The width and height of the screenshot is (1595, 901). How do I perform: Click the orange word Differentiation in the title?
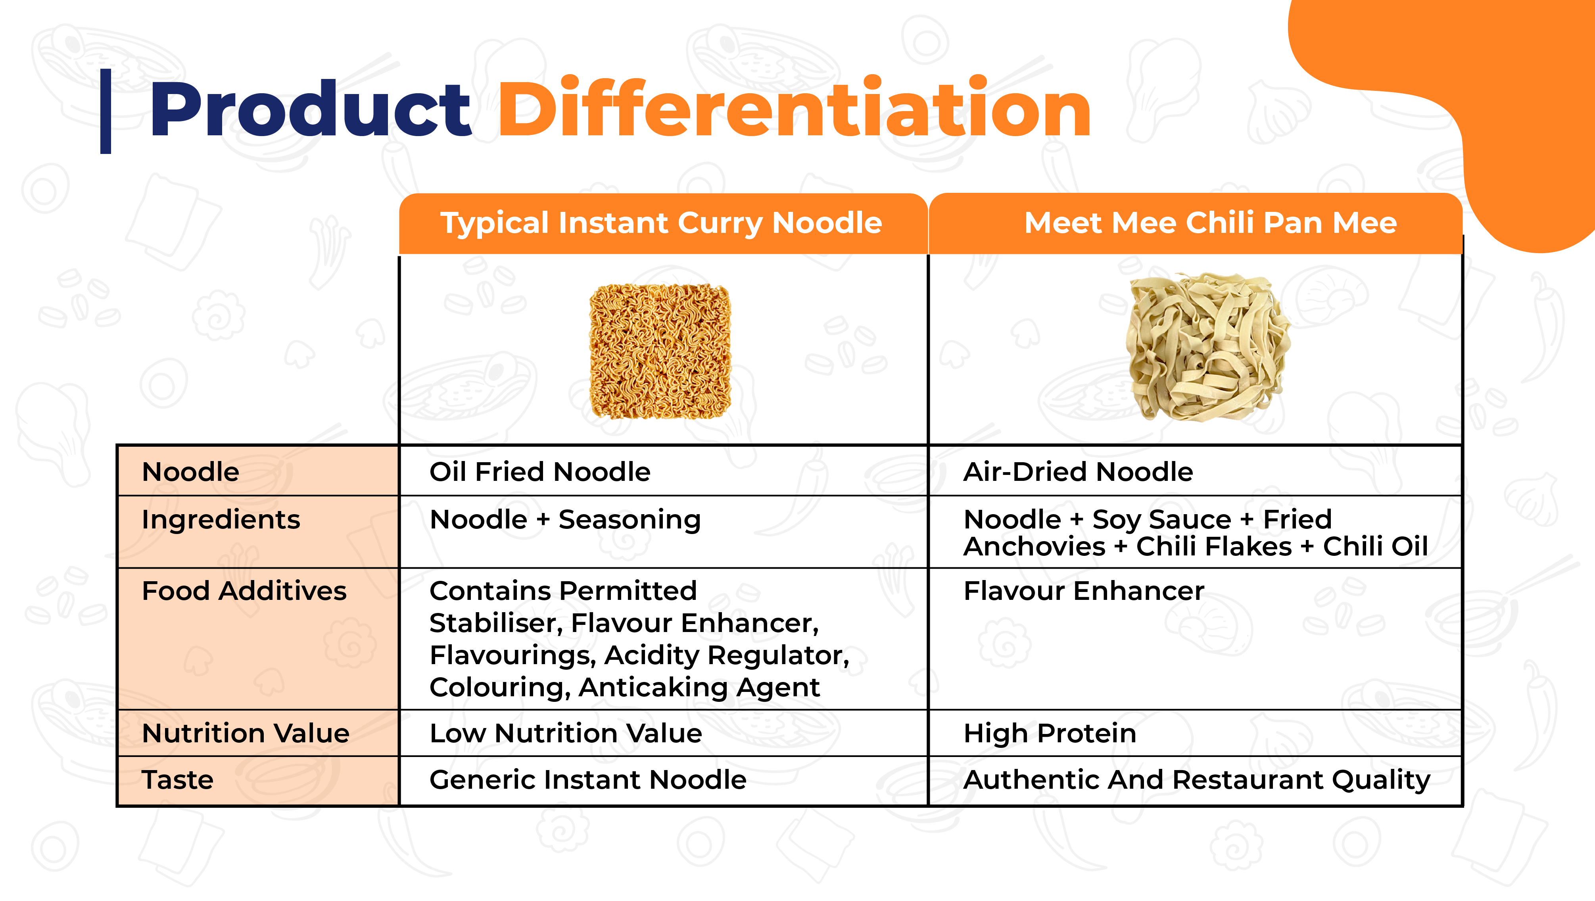795,106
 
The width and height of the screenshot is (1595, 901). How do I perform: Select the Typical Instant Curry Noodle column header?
661,223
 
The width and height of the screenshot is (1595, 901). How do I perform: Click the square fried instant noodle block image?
660,351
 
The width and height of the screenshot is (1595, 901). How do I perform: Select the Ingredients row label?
221,520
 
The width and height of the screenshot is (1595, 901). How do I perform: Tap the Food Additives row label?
244,591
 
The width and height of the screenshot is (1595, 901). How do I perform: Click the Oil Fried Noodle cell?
540,472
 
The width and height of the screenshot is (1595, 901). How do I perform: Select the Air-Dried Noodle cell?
1078,472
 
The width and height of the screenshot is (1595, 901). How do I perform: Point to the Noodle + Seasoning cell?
565,520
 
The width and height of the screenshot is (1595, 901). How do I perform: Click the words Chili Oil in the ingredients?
1375,547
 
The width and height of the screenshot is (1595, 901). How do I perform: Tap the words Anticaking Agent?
699,688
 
